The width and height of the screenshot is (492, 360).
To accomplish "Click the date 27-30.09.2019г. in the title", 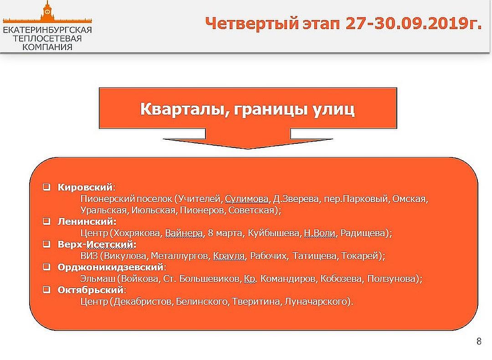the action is (x=414, y=24).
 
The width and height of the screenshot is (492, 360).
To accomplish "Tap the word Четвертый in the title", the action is (x=252, y=24).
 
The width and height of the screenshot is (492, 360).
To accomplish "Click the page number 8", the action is (x=479, y=341).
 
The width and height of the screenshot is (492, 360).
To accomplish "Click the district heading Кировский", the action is (x=85, y=187).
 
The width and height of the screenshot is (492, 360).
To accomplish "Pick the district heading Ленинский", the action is (x=86, y=221).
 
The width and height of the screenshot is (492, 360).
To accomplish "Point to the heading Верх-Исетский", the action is (x=97, y=244).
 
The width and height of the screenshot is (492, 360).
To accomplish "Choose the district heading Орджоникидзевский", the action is (x=110, y=267).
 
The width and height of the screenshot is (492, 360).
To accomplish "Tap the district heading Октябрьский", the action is (x=90, y=290).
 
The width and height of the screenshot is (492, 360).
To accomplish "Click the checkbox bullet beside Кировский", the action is (x=46, y=187).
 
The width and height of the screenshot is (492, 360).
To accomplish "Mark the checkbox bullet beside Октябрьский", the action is (x=46, y=290).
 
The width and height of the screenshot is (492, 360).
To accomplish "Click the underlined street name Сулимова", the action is (x=246, y=199).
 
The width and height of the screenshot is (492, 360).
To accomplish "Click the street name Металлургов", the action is (x=179, y=256).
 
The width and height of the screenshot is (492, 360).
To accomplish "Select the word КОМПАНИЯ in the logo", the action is (x=47, y=47).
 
